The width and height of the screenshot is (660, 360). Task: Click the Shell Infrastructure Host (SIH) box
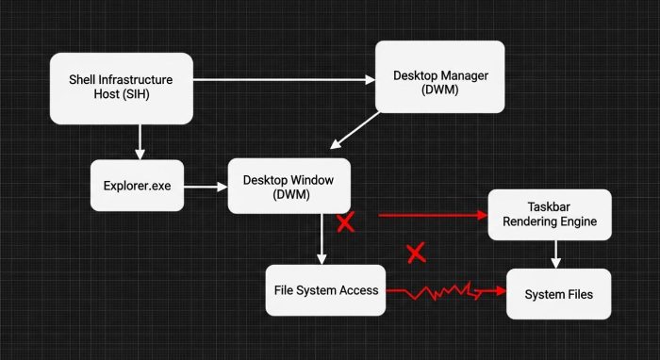[x=121, y=88]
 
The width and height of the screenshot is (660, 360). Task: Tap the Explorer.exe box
[x=136, y=186]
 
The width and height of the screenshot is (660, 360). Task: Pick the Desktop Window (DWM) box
[x=289, y=186]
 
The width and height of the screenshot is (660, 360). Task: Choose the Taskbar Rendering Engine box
[x=549, y=214]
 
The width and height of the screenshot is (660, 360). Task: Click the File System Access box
[x=326, y=290]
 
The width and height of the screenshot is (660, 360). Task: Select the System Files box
[x=557, y=294]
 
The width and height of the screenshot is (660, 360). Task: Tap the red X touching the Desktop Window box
[x=346, y=222]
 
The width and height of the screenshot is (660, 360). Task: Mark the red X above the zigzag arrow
[x=416, y=252]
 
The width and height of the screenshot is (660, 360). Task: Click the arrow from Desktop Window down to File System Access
[x=322, y=239]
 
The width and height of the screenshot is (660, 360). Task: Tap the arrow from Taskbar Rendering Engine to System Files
[x=557, y=253]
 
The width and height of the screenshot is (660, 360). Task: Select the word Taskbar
[x=549, y=205]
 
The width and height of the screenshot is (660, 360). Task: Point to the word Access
[x=358, y=290]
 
